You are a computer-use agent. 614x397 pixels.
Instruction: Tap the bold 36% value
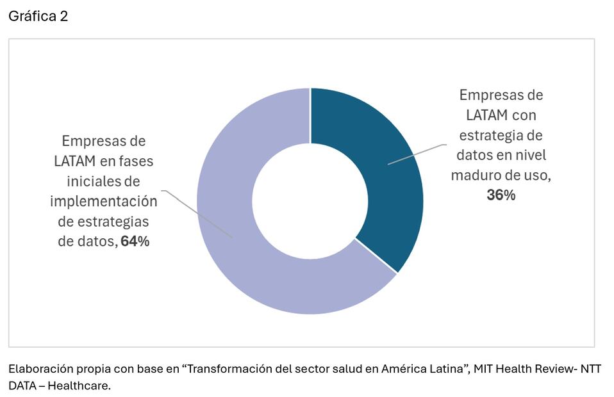click(501, 195)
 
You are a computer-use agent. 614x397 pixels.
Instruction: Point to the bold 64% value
click(135, 241)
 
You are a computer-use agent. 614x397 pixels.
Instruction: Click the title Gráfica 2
click(38, 17)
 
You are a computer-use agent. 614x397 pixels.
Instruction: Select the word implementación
click(103, 201)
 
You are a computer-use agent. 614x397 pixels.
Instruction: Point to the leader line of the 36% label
click(417, 154)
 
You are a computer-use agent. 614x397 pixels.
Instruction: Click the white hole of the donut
click(310, 201)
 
